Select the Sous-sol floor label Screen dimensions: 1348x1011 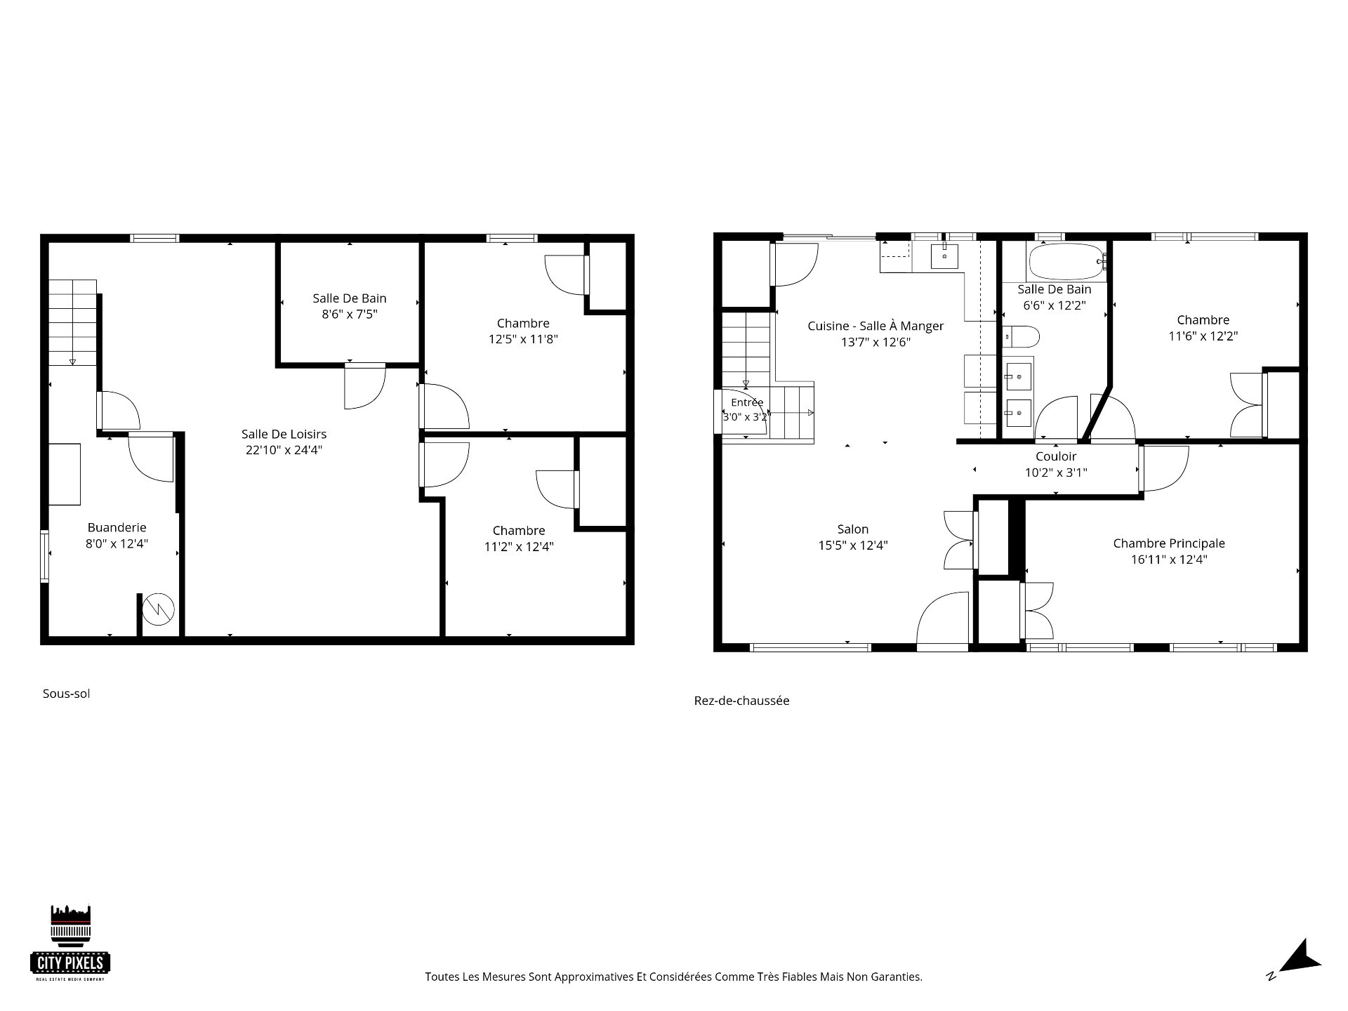click(67, 694)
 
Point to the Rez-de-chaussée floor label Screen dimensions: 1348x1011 click(741, 701)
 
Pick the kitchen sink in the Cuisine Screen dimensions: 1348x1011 click(945, 256)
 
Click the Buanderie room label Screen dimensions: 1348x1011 click(117, 527)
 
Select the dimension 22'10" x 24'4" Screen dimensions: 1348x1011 click(284, 450)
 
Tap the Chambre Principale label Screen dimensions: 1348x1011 click(1169, 543)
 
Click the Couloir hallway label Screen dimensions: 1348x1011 click(1056, 456)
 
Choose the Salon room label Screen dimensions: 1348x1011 click(853, 529)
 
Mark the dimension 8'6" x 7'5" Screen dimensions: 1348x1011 click(350, 315)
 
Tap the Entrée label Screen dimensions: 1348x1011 click(747, 402)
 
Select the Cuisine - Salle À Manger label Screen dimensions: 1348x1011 click(875, 326)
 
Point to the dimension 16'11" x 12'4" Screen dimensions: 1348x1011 click(1169, 560)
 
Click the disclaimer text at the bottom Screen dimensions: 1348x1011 click(673, 977)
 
